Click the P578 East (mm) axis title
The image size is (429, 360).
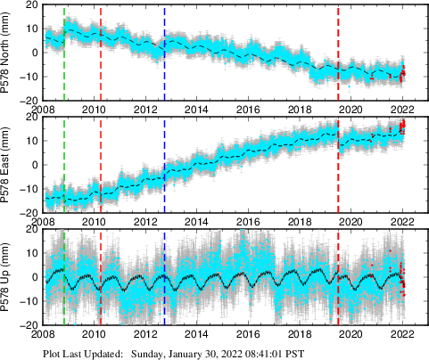(x=8, y=166)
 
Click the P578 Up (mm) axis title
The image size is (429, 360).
(x=8, y=279)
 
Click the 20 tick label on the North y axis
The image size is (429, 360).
(x=30, y=5)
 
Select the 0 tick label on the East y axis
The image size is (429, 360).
(x=34, y=165)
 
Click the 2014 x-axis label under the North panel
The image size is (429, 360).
(x=197, y=110)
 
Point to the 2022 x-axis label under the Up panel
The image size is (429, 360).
(x=403, y=336)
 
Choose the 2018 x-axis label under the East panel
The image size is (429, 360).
(x=301, y=223)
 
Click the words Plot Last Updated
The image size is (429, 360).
(x=84, y=354)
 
